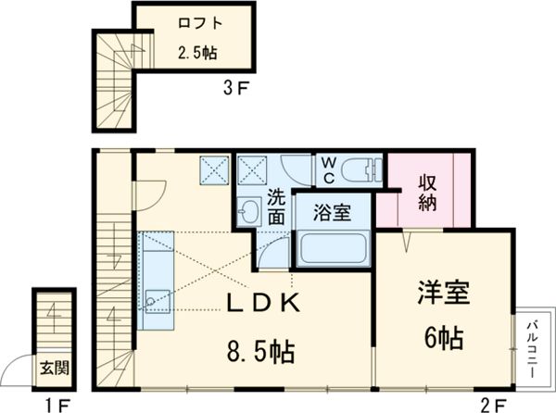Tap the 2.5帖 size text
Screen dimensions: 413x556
pyautogui.click(x=196, y=53)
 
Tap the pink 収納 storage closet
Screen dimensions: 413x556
pyautogui.click(x=427, y=192)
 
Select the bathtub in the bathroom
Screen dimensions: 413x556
pyautogui.click(x=332, y=248)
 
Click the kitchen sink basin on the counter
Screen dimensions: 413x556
pyautogui.click(x=153, y=300)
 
